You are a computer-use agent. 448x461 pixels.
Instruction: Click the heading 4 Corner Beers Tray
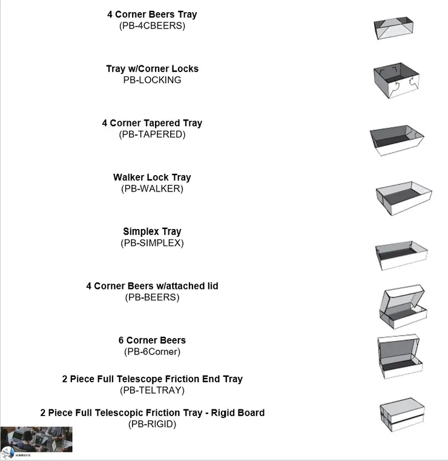click(x=152, y=15)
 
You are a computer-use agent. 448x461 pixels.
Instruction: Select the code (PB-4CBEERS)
click(x=152, y=26)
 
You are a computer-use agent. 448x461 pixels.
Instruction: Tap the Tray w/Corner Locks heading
click(x=152, y=68)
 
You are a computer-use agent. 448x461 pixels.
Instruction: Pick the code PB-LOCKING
click(x=152, y=80)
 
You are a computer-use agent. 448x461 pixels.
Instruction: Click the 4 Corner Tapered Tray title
click(x=152, y=123)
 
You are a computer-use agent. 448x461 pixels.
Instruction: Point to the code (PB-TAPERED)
click(x=152, y=134)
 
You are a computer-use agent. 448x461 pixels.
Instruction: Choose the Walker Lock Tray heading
click(x=152, y=177)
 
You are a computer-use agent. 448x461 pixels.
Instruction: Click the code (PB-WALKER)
click(x=152, y=188)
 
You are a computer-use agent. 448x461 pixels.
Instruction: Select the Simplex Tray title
click(x=152, y=231)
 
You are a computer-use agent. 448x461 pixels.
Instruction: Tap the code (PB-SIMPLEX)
click(x=152, y=243)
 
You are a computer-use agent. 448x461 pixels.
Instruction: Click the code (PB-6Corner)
click(x=152, y=351)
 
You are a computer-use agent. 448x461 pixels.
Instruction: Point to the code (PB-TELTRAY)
click(x=152, y=390)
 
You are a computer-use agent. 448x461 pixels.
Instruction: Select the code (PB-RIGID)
click(x=152, y=424)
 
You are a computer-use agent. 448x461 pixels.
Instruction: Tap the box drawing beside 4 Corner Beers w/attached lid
click(x=402, y=307)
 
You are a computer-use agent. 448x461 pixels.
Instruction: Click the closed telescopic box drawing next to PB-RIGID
click(x=402, y=415)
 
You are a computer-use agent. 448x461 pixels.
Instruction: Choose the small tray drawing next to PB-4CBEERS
click(x=393, y=28)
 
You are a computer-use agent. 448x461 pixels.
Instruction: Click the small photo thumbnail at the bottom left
click(x=36, y=440)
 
